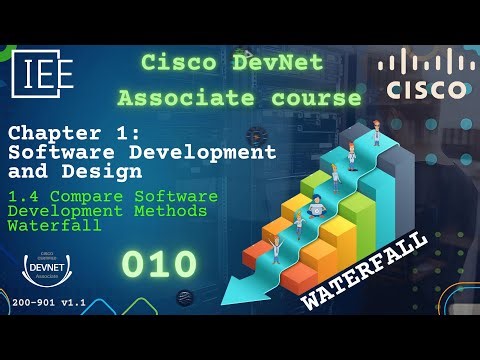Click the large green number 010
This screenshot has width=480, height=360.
(159, 264)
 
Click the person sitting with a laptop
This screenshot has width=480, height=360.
(316, 208)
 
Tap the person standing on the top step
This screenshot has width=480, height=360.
(377, 132)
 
